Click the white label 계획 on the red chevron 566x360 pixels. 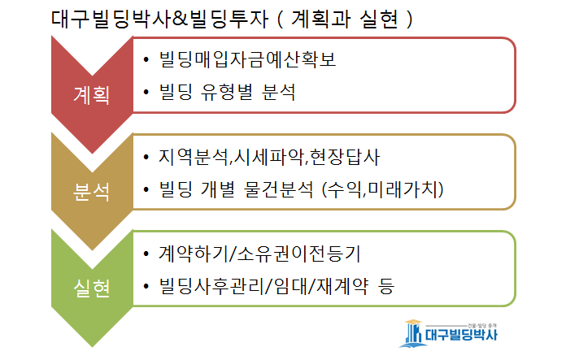point(91,95)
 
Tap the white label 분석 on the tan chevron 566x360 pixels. point(91,192)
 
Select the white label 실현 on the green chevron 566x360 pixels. point(91,288)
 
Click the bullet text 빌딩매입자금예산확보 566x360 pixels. point(247,59)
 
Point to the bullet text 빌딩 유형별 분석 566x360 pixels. point(228,92)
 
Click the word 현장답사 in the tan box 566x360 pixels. point(345,157)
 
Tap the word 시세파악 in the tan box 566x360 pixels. point(268,157)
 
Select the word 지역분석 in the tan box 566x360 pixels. point(194,157)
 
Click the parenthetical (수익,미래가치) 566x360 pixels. point(383,189)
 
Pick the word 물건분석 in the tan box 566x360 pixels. point(278,189)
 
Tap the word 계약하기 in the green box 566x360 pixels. point(194,254)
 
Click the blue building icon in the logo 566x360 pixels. point(411,334)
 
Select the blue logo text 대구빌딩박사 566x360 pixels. point(461,335)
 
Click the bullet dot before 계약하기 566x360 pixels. point(146,254)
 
